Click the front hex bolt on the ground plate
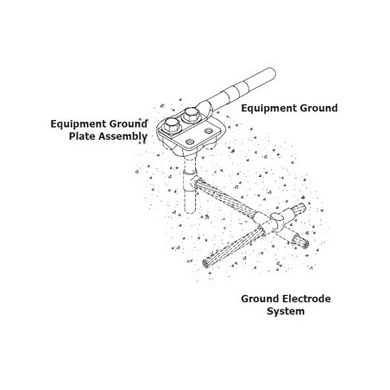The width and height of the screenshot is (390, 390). (172, 126)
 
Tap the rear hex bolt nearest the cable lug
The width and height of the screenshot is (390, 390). (191, 115)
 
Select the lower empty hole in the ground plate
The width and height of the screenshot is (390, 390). (189, 142)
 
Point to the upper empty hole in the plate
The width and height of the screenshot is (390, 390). (208, 131)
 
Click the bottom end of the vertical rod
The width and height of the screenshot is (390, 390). (190, 210)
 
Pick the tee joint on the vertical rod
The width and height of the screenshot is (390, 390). (191, 179)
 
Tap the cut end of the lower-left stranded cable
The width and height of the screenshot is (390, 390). (206, 263)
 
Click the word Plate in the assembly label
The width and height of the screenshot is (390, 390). (82, 136)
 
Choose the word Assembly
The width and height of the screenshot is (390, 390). (123, 136)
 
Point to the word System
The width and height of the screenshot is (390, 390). (286, 311)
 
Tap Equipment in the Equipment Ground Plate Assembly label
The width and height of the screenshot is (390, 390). (77, 124)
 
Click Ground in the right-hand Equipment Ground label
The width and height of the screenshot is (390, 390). (319, 108)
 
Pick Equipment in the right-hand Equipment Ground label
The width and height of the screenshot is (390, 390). (269, 109)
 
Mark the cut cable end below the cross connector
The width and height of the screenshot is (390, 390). (301, 242)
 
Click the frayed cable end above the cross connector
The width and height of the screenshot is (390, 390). (299, 209)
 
